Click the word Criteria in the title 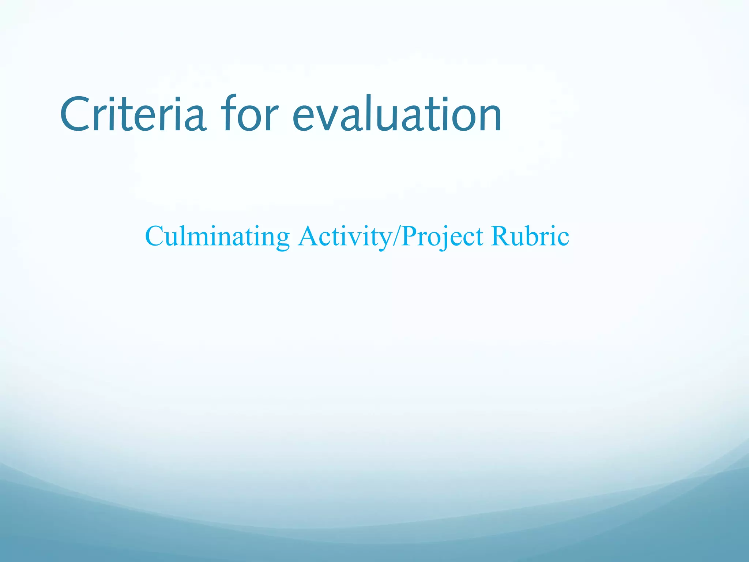click(132, 114)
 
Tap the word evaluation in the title click(397, 114)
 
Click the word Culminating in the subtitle click(218, 237)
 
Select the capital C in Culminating click(154, 236)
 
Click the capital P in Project click(410, 236)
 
